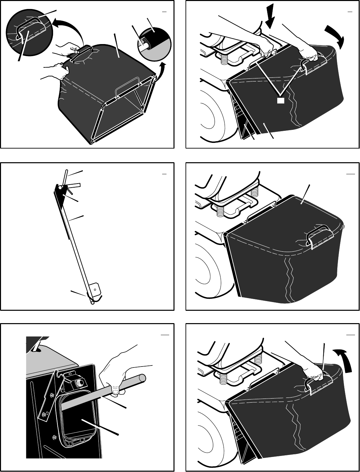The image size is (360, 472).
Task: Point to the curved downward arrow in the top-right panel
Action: [x=335, y=37]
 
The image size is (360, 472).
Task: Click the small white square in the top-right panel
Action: [x=281, y=100]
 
